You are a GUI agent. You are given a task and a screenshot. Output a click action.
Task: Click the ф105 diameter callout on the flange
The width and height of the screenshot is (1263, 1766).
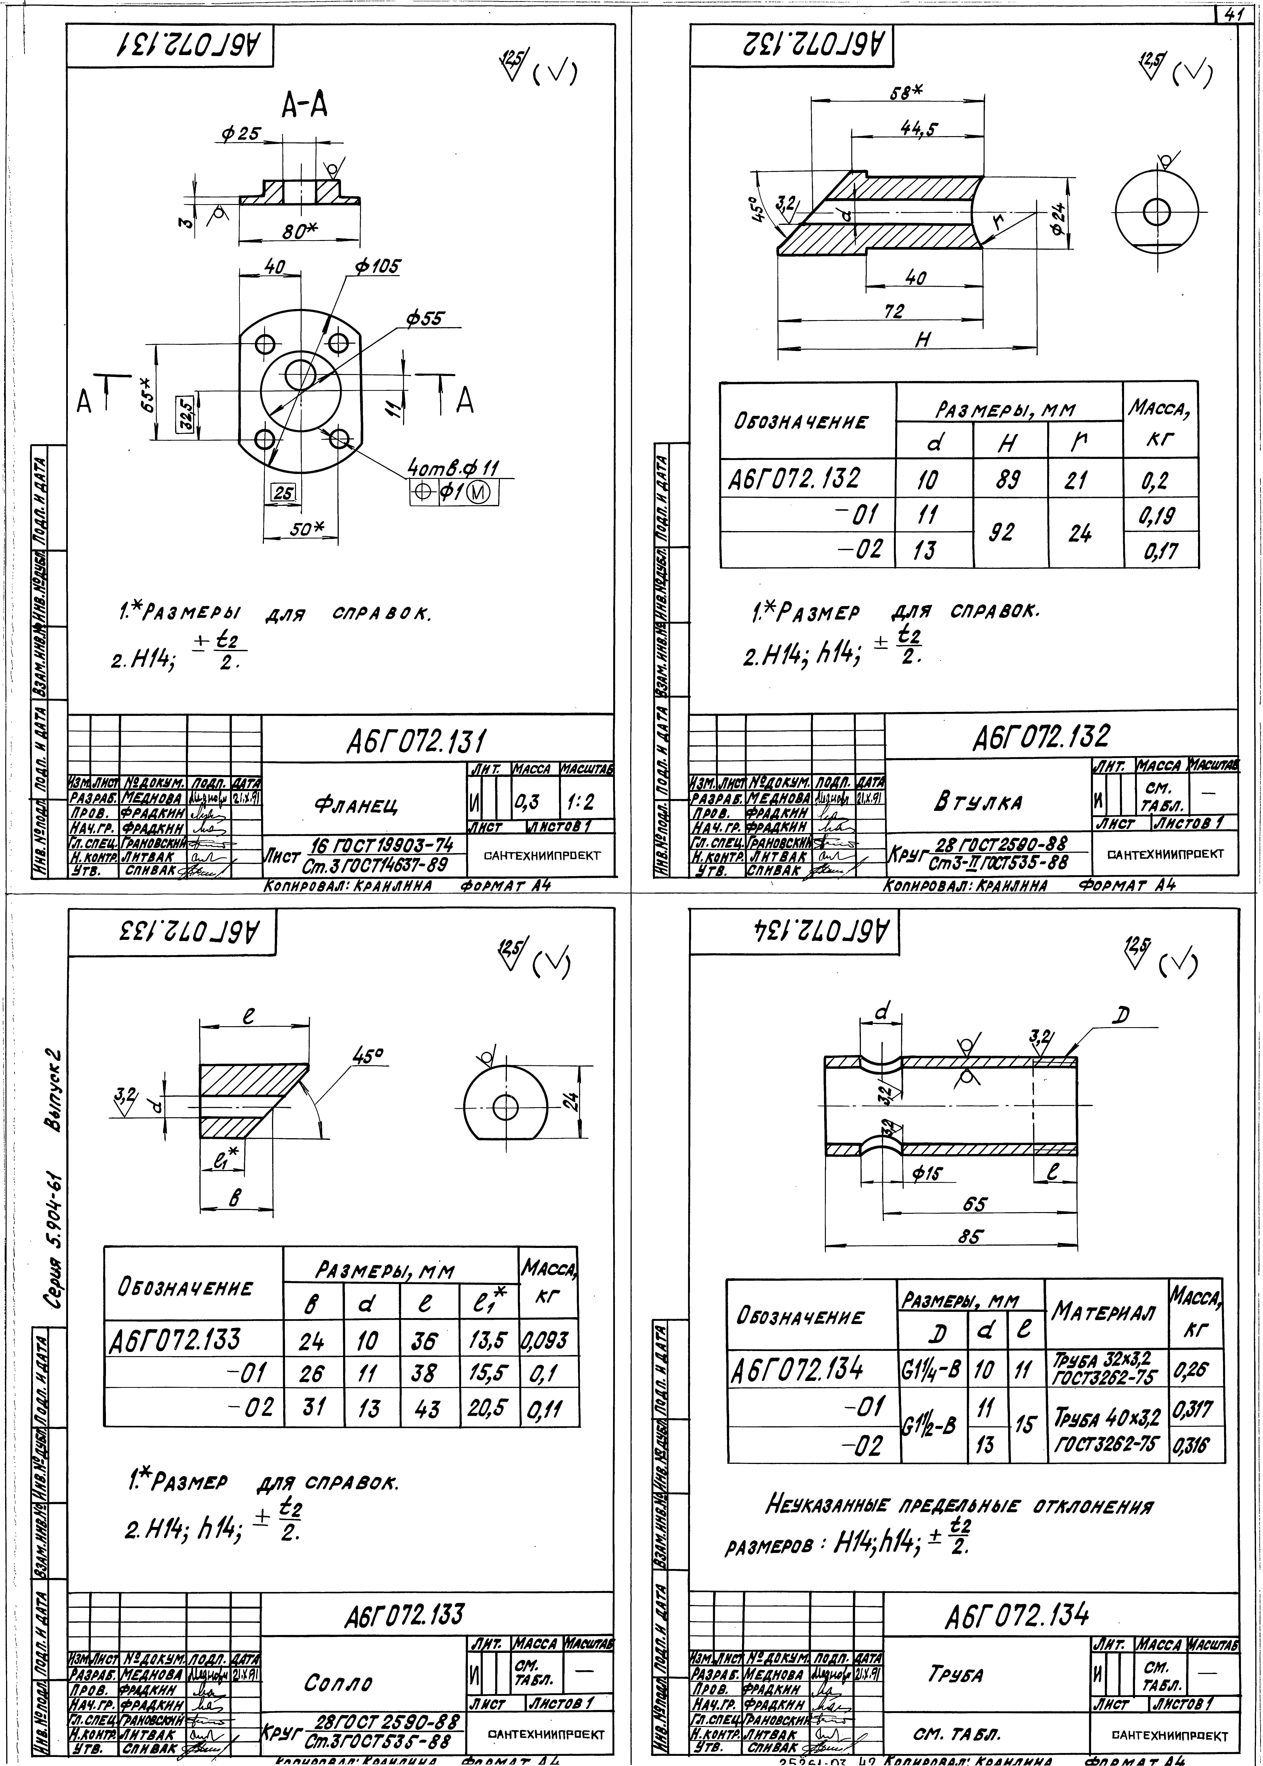coord(377,267)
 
